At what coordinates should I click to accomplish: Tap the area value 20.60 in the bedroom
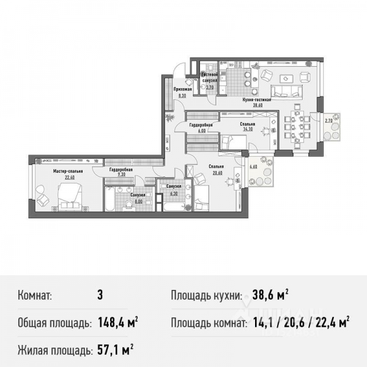pyautogui.click(x=217, y=172)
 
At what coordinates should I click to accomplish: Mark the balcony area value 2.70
pyautogui.click(x=328, y=120)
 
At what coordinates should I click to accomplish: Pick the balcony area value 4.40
pyautogui.click(x=253, y=164)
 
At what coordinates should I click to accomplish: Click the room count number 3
pyautogui.click(x=100, y=295)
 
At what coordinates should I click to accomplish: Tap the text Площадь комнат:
pyautogui.click(x=207, y=322)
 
